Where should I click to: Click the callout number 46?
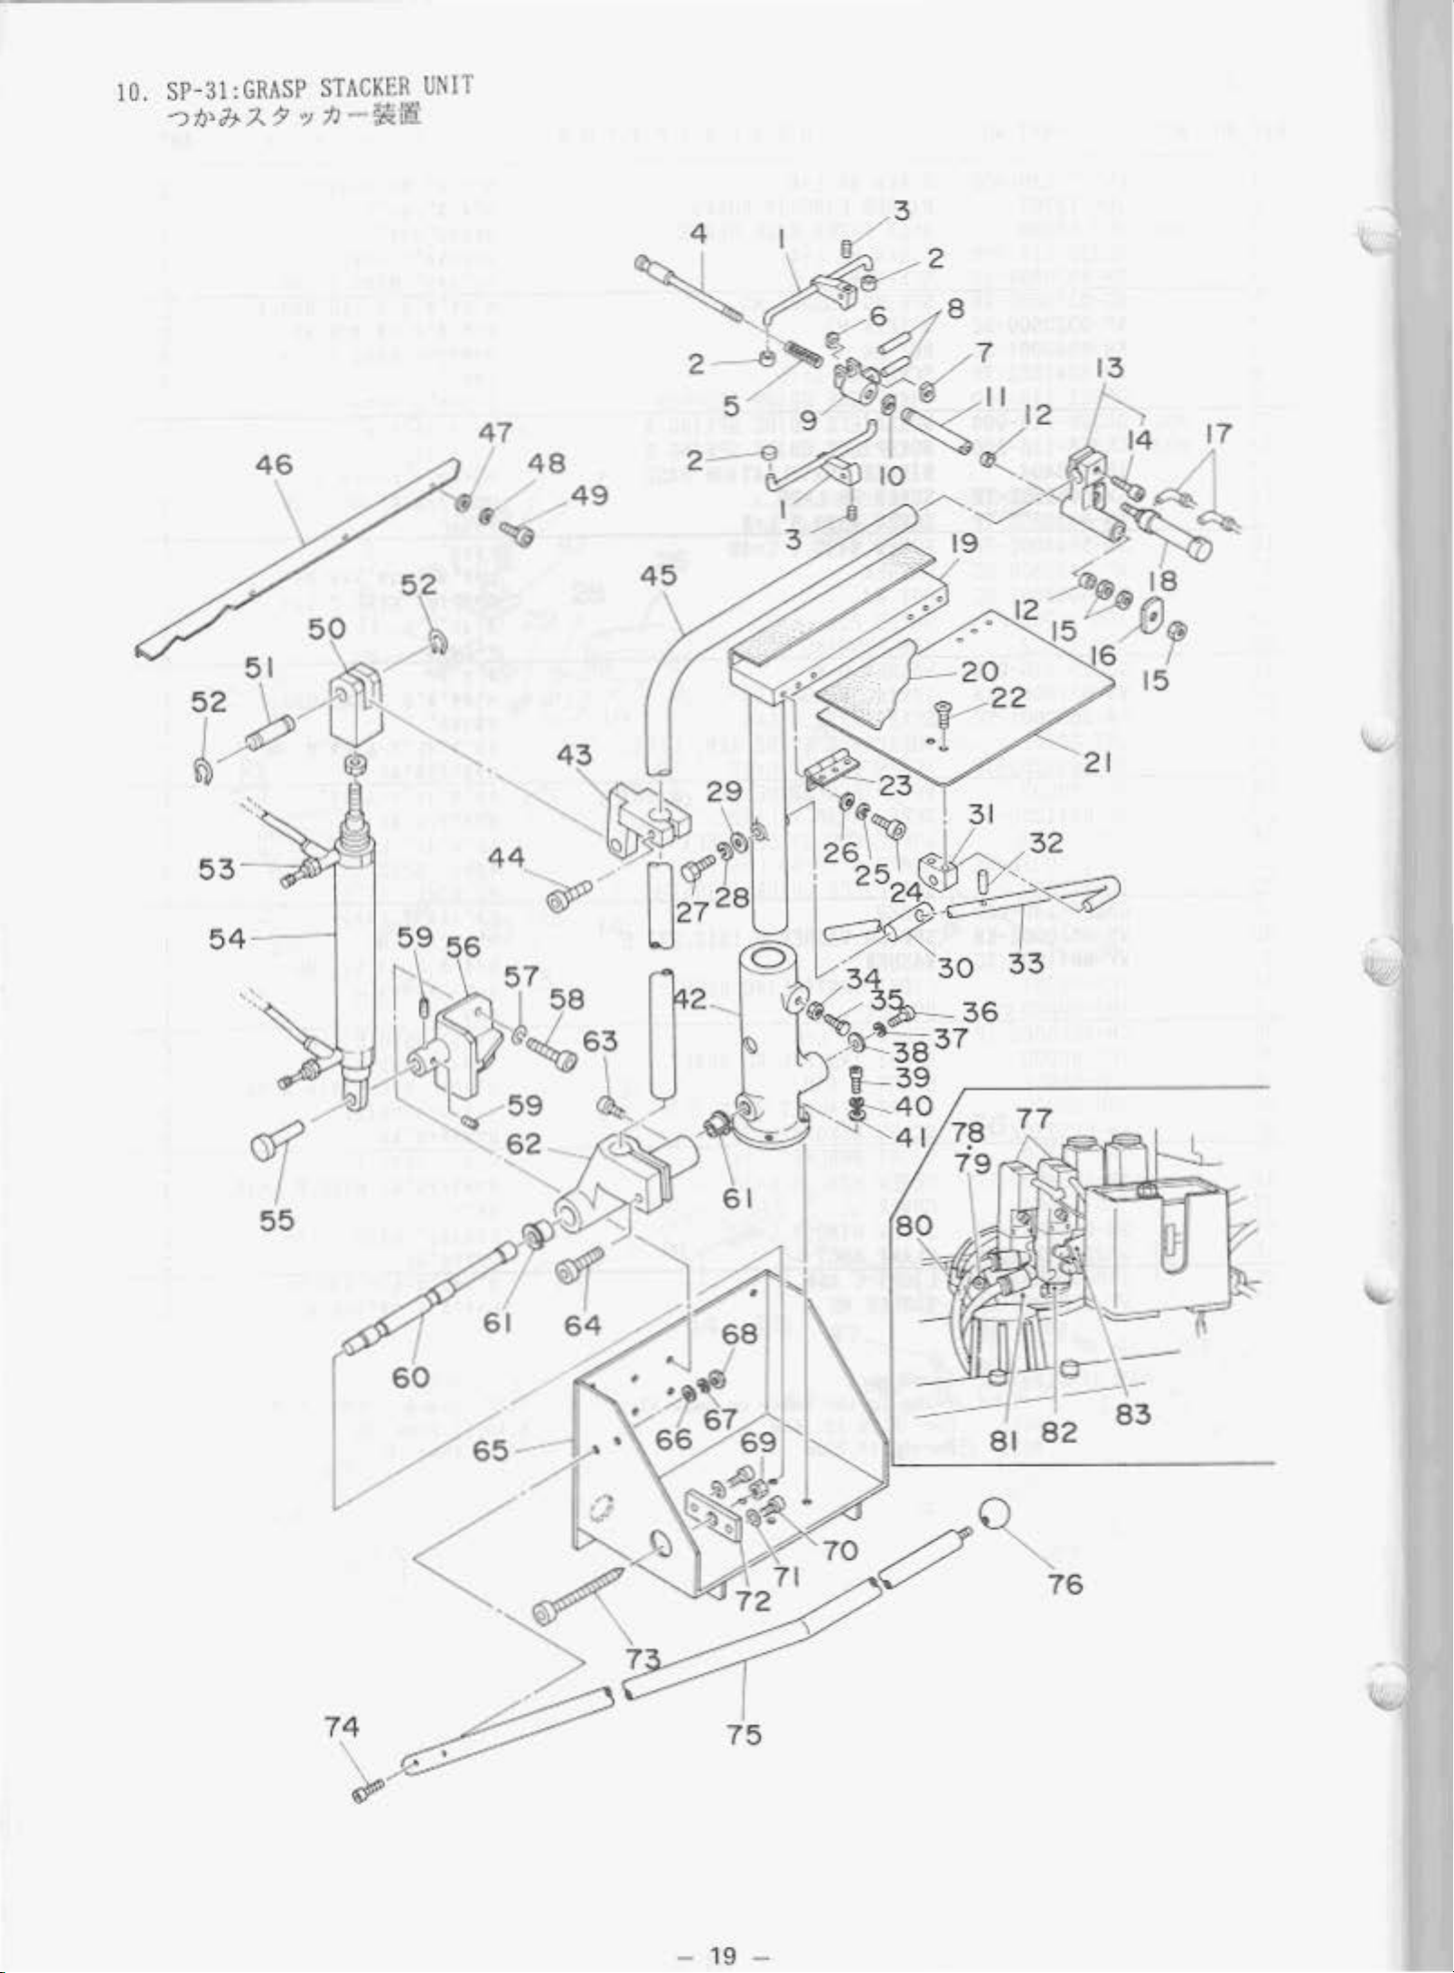pyautogui.click(x=274, y=465)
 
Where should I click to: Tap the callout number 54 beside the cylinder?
pyautogui.click(x=227, y=938)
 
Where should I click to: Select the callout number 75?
pyautogui.click(x=743, y=1733)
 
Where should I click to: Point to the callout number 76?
pyautogui.click(x=1065, y=1583)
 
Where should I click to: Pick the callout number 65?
pyautogui.click(x=490, y=1450)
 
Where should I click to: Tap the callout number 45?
pyautogui.click(x=658, y=576)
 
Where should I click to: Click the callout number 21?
pyautogui.click(x=1096, y=762)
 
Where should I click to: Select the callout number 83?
pyautogui.click(x=1132, y=1414)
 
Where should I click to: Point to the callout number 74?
pyautogui.click(x=342, y=1726)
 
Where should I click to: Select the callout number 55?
pyautogui.click(x=277, y=1220)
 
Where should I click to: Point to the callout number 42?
pyautogui.click(x=689, y=1000)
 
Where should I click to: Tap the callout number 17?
pyautogui.click(x=1218, y=435)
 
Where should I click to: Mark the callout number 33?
pyautogui.click(x=1026, y=964)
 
